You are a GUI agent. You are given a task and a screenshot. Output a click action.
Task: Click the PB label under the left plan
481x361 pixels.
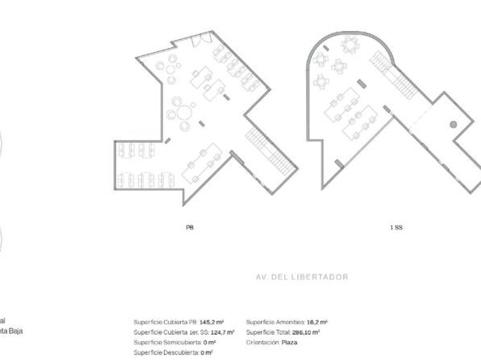pyautogui.click(x=190, y=227)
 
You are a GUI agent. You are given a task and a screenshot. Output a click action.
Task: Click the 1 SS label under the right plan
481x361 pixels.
pyautogui.click(x=397, y=227)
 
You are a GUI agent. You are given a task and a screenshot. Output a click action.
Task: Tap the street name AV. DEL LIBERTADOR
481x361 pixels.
pyautogui.click(x=302, y=277)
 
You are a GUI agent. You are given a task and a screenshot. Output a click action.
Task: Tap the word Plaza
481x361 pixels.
pyautogui.click(x=289, y=343)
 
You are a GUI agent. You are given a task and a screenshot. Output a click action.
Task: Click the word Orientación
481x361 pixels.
pyautogui.click(x=262, y=343)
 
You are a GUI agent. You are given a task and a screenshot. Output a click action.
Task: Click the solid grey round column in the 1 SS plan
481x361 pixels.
pyautogui.click(x=453, y=124)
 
